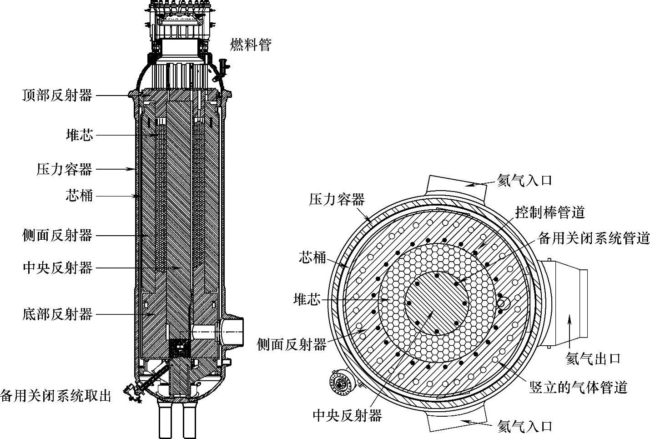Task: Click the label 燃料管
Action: coord(251,45)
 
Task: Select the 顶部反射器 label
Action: coord(57,96)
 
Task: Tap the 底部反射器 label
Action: coord(57,314)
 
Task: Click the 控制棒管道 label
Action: coord(549,212)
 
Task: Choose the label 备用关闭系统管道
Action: coord(594,238)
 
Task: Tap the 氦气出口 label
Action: coord(593,359)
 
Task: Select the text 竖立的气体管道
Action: coord(578,387)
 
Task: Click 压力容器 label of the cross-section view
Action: coord(337,199)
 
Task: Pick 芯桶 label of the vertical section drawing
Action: coord(79,196)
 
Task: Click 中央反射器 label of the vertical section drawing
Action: coord(57,268)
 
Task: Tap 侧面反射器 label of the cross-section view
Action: coord(292,344)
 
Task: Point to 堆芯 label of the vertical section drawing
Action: coord(79,135)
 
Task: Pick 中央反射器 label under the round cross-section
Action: coord(347,415)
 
